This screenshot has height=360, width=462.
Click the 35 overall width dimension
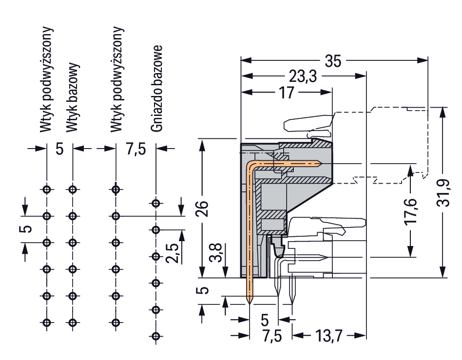click(x=333, y=61)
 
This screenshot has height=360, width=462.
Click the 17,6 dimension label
click(x=411, y=210)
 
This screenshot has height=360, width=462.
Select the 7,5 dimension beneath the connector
click(x=271, y=336)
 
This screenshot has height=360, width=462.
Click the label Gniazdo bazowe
click(x=156, y=89)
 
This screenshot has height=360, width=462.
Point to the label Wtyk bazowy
click(x=73, y=97)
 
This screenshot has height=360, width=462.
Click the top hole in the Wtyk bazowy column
click(x=73, y=189)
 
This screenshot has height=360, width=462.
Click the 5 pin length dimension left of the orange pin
click(x=205, y=290)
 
